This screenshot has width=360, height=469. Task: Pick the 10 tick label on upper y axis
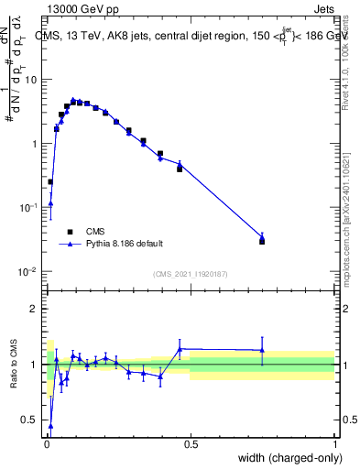pos(33,79)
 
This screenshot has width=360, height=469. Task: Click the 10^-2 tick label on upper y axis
pos(31,272)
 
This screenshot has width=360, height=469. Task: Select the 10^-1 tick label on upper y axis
pos(31,208)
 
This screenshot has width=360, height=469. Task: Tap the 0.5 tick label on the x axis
pos(191,444)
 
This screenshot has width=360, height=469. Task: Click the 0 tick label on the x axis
pos(46,444)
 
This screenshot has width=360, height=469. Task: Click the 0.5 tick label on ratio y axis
pos(33,420)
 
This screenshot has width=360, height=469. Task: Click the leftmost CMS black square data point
pos(50,181)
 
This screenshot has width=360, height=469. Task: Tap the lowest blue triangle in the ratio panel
pos(50,425)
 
